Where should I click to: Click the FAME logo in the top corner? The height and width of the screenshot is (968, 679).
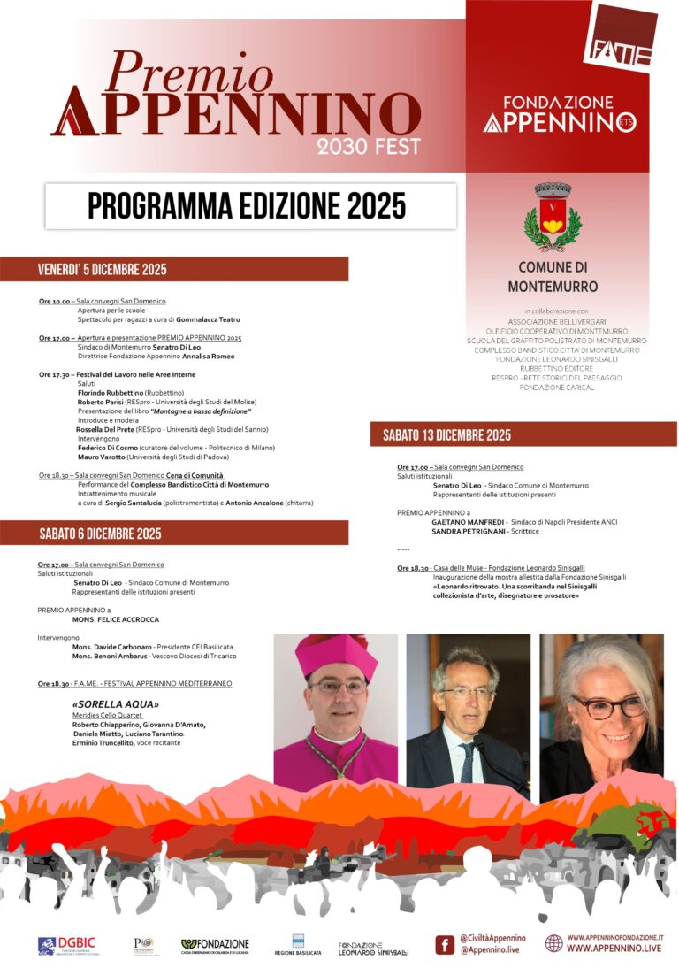[621, 38]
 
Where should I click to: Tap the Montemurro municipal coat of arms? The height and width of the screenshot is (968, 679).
[553, 219]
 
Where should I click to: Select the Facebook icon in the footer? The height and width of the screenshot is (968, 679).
[445, 945]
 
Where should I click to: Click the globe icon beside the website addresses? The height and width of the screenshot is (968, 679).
[553, 943]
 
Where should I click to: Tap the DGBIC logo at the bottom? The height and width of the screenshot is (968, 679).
[68, 946]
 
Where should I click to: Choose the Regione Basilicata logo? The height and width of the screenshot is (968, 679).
[298, 945]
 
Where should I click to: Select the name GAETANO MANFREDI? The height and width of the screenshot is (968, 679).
[467, 522]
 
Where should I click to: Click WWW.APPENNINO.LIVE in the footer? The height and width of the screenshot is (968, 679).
[614, 949]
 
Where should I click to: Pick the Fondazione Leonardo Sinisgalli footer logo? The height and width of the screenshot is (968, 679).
[373, 949]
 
